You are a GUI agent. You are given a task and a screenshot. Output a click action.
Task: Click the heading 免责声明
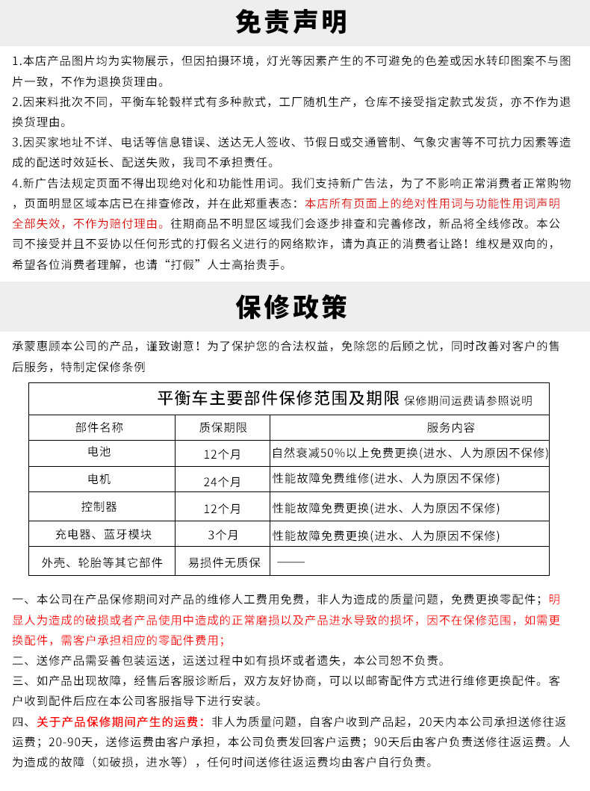(x=291, y=22)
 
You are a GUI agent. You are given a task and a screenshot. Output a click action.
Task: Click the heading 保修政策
(x=291, y=306)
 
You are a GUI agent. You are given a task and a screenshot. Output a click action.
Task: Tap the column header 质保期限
(x=223, y=427)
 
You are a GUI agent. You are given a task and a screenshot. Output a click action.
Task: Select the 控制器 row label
(x=99, y=506)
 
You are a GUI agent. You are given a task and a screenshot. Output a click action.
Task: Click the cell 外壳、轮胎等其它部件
(x=102, y=562)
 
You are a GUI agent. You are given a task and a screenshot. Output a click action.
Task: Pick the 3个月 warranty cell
(x=223, y=535)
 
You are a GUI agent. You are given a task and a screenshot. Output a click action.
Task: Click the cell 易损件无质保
(x=224, y=562)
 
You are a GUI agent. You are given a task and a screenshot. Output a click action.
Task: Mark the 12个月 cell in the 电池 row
(x=223, y=454)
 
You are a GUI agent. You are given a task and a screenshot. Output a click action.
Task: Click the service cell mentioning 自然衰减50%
(x=410, y=453)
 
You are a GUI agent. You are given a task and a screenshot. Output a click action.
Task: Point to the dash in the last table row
(x=291, y=562)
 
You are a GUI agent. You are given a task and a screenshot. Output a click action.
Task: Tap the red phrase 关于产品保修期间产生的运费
(x=120, y=722)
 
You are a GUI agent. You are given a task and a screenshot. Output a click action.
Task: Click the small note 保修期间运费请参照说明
(x=468, y=400)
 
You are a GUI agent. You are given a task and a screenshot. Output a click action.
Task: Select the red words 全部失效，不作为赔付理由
(x=87, y=223)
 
